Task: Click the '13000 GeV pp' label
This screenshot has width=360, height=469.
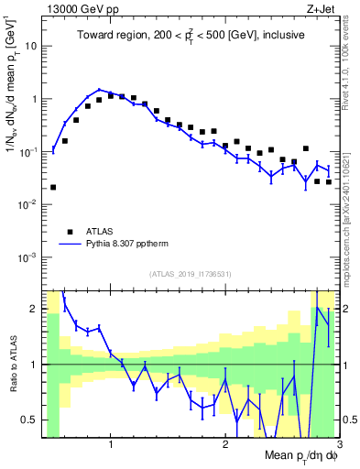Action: point(78,7)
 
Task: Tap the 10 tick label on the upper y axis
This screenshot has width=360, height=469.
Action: point(31,45)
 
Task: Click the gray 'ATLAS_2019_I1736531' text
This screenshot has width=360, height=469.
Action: point(191,274)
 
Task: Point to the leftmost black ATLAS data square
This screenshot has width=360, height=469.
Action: point(53,187)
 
